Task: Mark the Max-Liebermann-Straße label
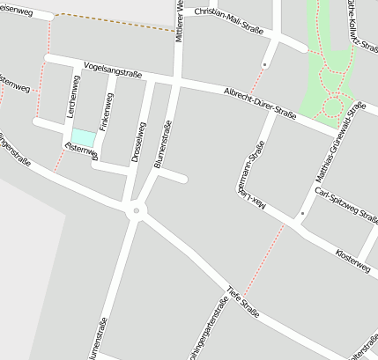[257, 181]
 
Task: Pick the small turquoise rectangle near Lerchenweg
[83, 138]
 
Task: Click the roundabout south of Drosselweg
[135, 210]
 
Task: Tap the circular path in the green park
[332, 107]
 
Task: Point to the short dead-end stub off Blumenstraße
[174, 177]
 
